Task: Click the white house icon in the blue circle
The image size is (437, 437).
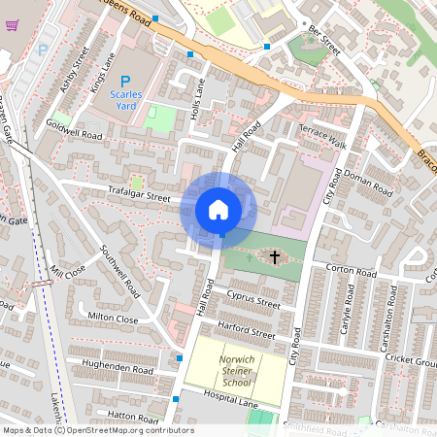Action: tap(218, 209)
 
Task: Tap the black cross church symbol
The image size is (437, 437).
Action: tap(275, 257)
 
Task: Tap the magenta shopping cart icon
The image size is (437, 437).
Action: tap(12, 24)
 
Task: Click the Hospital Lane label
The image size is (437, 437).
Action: tap(231, 399)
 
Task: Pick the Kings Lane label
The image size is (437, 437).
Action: tap(101, 75)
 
